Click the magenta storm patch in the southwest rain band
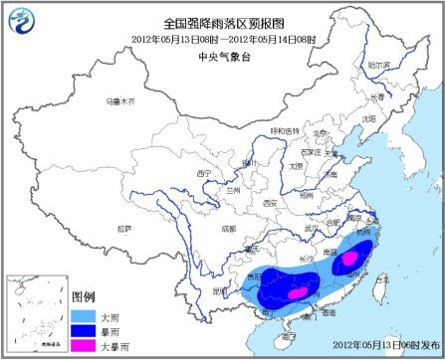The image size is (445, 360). click(x=296, y=294)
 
